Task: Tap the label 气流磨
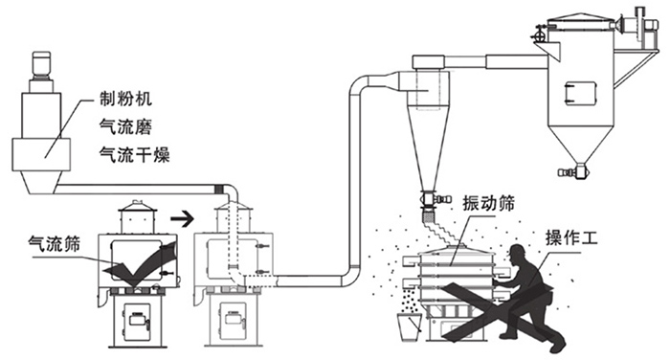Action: point(124,124)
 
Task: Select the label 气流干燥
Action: point(132,150)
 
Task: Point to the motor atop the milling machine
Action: point(42,66)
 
